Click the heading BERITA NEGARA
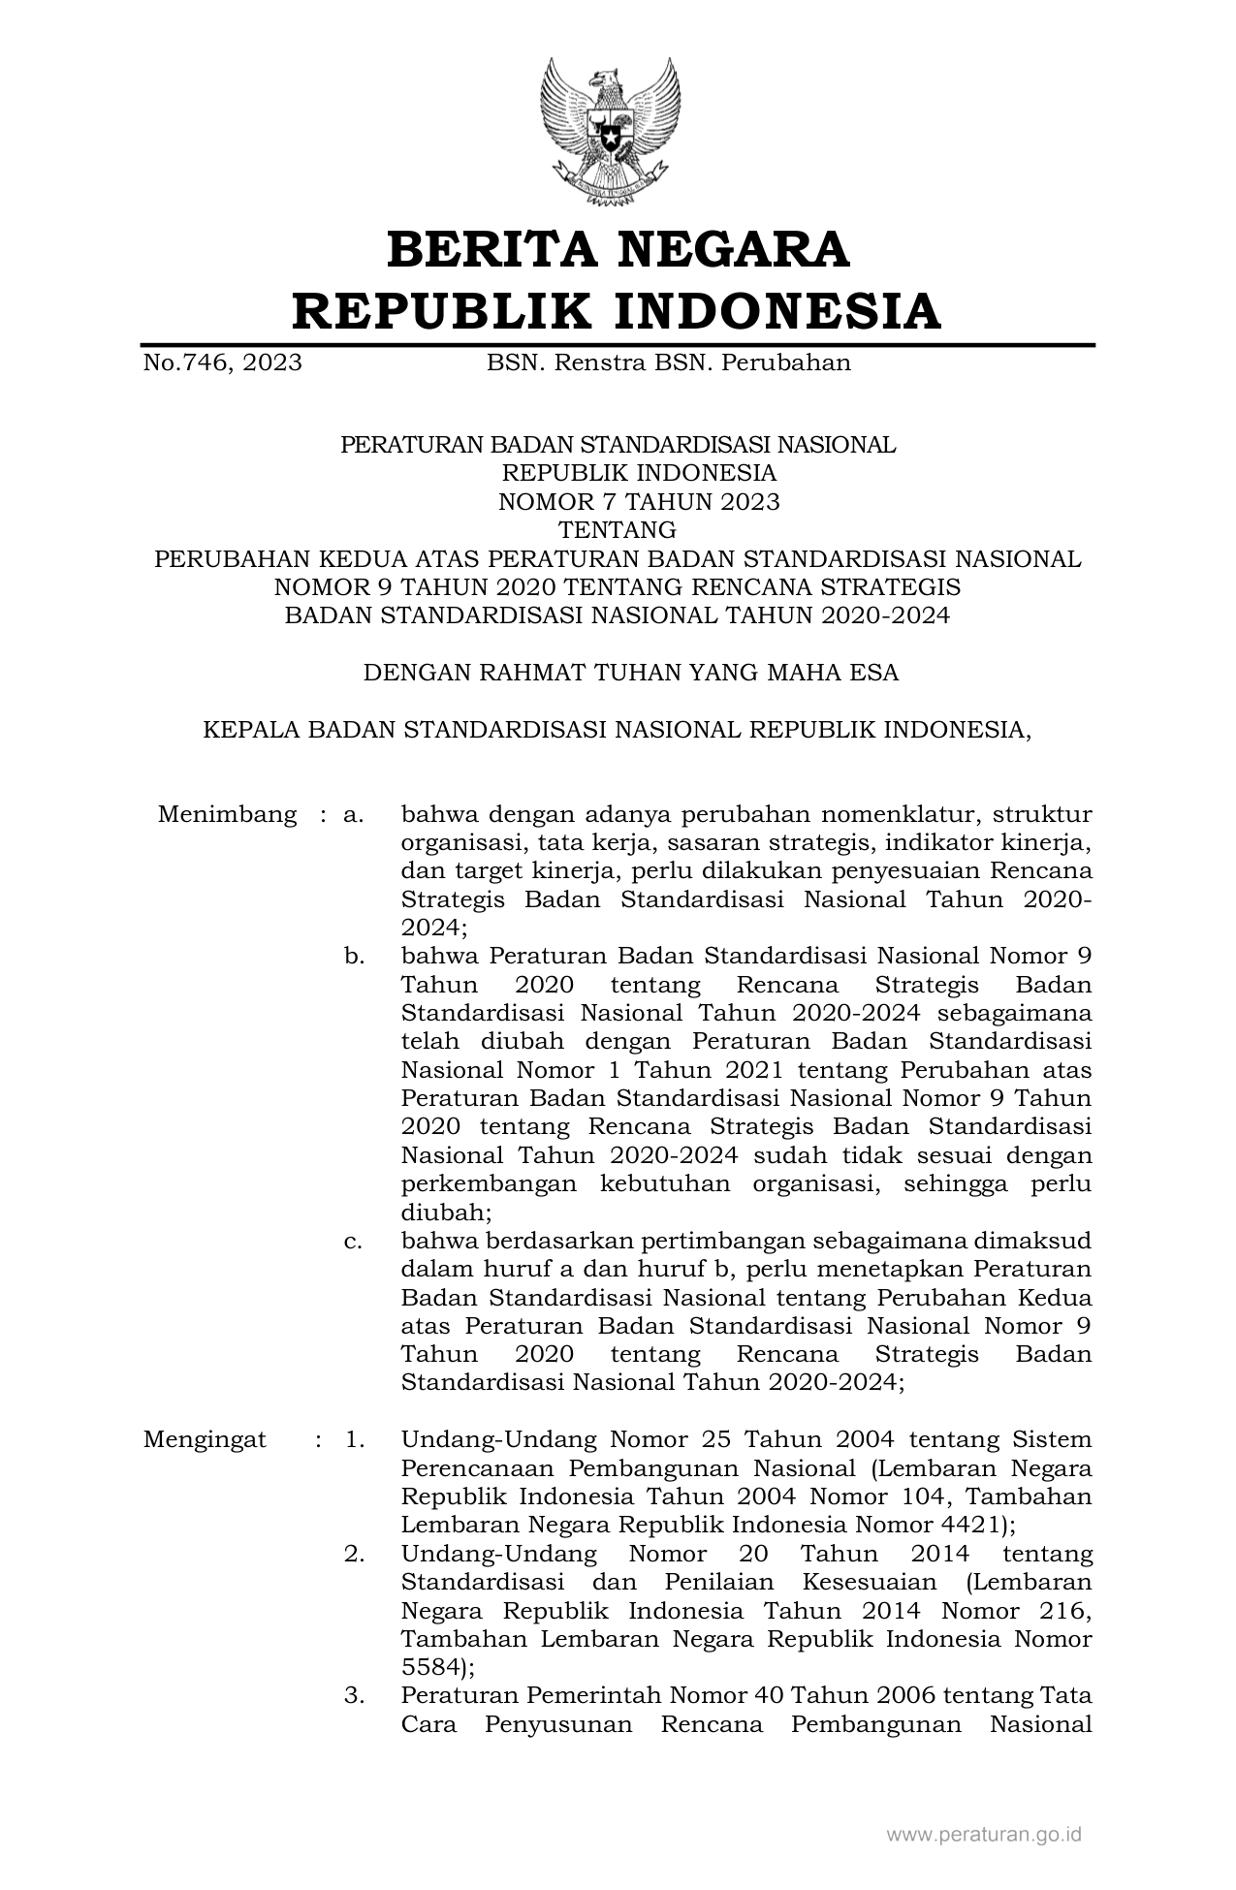[x=618, y=250]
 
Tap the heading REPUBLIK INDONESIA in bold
[x=618, y=312]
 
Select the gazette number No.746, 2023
[x=222, y=363]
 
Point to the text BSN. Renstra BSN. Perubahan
[x=668, y=363]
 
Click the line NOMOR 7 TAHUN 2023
[x=638, y=502]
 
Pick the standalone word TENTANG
[x=618, y=530]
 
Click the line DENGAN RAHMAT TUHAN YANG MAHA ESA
[x=631, y=673]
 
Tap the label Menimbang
[x=227, y=814]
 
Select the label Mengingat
[x=205, y=1439]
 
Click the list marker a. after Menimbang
[x=354, y=814]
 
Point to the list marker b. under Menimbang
[x=354, y=957]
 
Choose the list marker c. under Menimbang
[x=354, y=1241]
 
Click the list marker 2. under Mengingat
[x=354, y=1554]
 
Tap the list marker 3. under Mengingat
[x=354, y=1696]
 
